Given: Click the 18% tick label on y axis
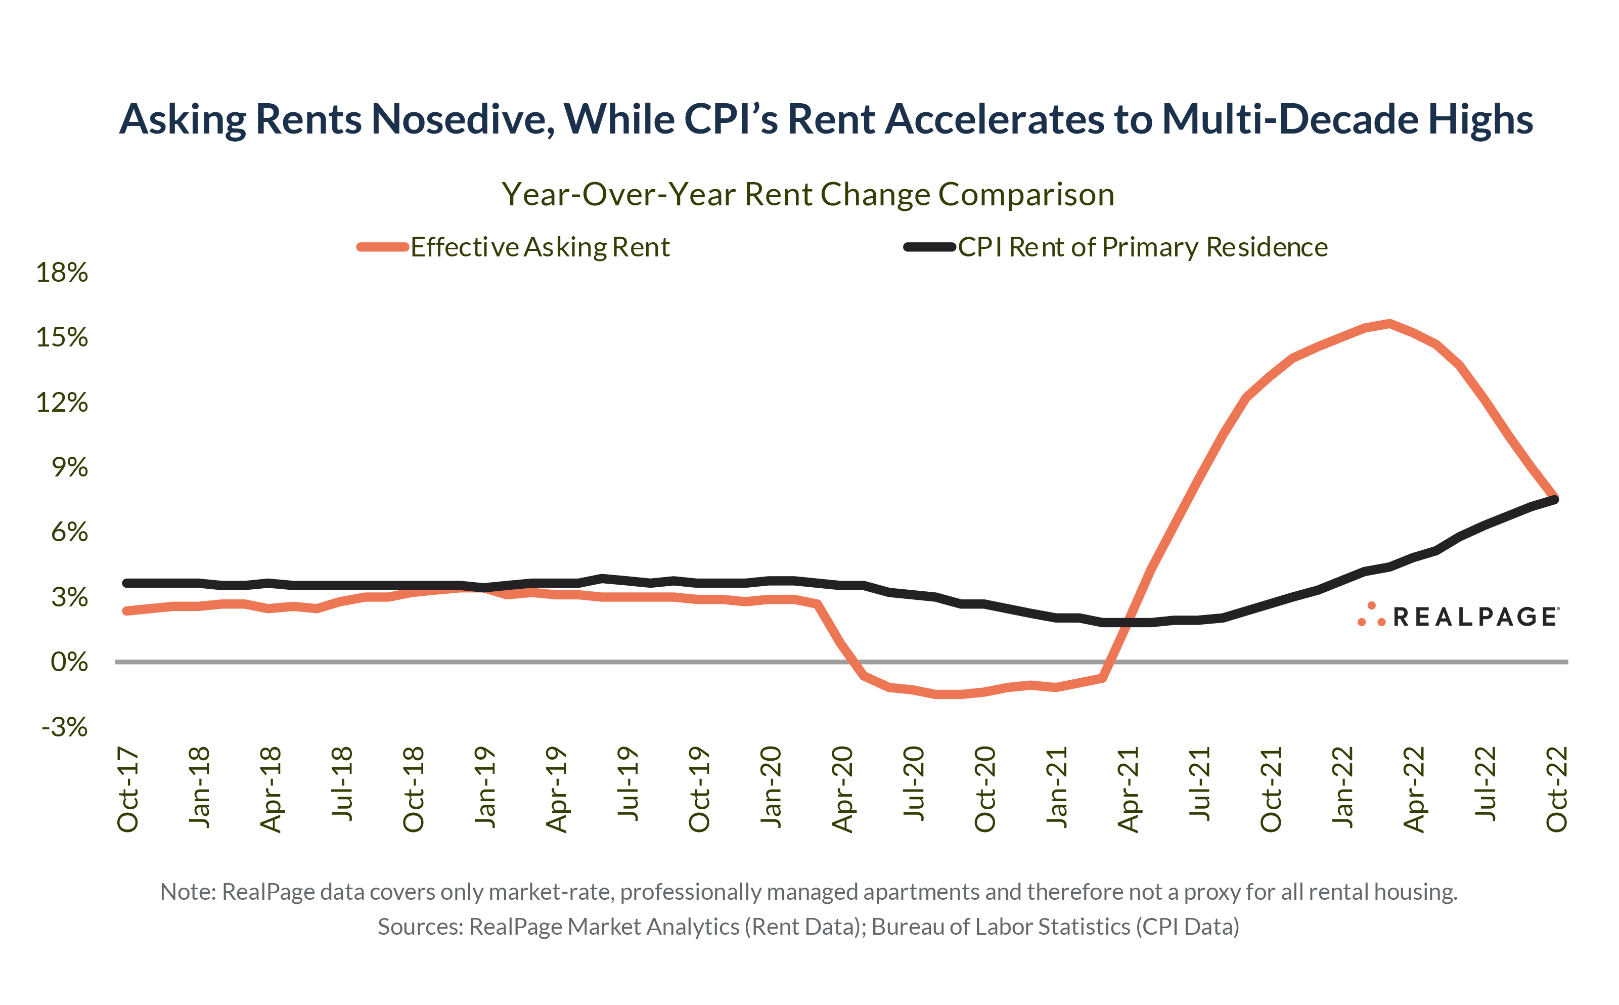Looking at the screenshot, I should pos(62,273).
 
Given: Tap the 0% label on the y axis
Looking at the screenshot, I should pos(69,662).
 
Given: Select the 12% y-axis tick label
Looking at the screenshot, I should pos(62,403).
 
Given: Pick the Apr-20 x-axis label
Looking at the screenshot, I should pos(842,790).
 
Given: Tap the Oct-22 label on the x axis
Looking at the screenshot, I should pos(1556,790).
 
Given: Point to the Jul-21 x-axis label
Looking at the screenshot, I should pos(1200,784).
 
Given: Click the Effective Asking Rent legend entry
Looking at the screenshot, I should pos(539,247).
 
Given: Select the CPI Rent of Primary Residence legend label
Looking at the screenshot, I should pos(1142,247).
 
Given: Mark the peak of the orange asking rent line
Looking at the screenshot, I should pos(1389,324).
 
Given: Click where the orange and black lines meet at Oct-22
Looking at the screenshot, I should pos(1555,499).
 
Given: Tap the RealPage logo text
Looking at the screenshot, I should pos(1474,617).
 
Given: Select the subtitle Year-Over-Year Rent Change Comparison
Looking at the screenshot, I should pos(808,195).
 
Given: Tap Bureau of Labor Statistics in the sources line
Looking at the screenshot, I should pos(1000,927).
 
